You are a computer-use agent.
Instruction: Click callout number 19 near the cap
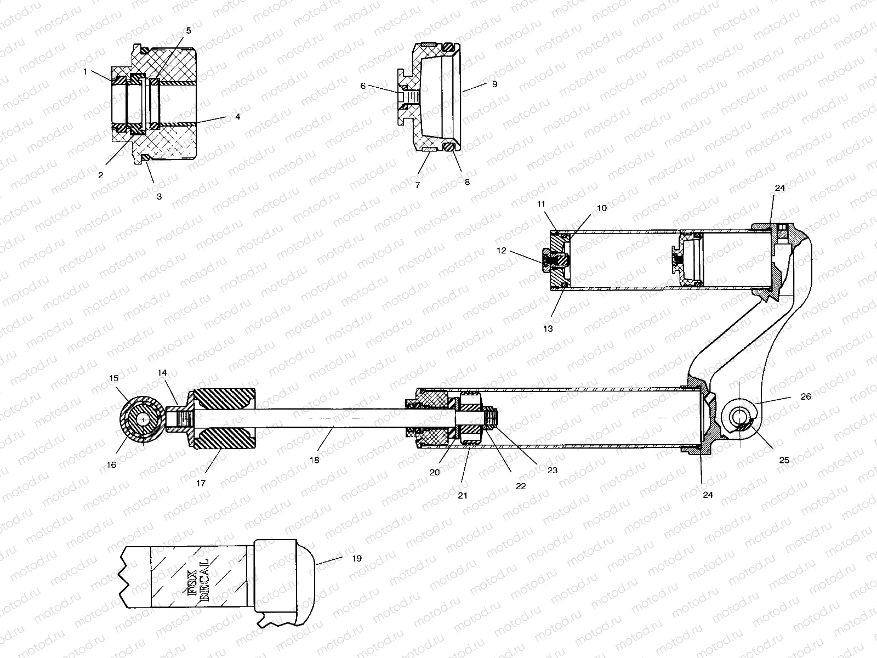pyautogui.click(x=356, y=559)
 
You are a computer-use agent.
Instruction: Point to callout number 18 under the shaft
pyautogui.click(x=314, y=461)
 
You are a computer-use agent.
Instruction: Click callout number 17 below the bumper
pyautogui.click(x=201, y=483)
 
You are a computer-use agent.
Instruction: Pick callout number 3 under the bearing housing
pyautogui.click(x=160, y=196)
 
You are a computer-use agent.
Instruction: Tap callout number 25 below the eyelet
pyautogui.click(x=784, y=460)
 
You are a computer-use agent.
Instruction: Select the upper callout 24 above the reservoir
pyautogui.click(x=780, y=188)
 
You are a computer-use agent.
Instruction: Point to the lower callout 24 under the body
pyautogui.click(x=708, y=495)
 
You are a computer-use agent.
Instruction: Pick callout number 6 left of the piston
pyautogui.click(x=362, y=86)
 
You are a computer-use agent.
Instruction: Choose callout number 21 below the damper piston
pyautogui.click(x=463, y=495)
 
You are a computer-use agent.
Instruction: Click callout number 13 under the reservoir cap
pyautogui.click(x=548, y=329)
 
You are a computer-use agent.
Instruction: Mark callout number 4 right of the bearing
pyautogui.click(x=237, y=117)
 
